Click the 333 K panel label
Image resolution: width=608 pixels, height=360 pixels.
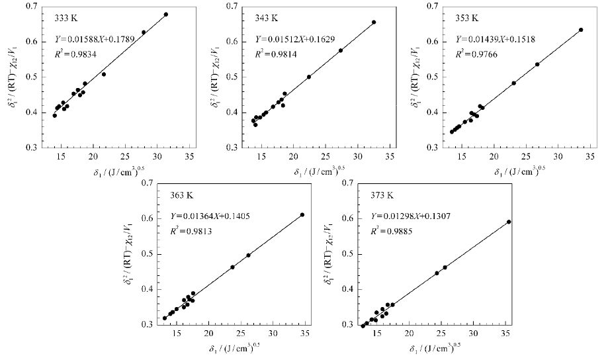coord(65,19)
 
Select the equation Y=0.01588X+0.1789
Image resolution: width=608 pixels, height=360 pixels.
coord(95,39)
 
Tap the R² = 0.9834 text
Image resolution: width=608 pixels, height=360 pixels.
coord(75,54)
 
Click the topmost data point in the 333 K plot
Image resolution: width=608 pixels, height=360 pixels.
coord(166,15)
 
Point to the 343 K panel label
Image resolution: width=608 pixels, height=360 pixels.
coord(267,19)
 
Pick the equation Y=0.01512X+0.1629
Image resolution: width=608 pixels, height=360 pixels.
coord(294,39)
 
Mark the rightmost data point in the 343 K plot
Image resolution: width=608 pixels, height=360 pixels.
coord(374,22)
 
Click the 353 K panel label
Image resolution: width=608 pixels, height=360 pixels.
coord(467,19)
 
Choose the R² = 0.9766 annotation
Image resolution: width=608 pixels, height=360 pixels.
coord(476,54)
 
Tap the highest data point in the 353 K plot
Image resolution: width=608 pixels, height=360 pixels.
coord(581,30)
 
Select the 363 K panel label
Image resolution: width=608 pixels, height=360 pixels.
coord(181,195)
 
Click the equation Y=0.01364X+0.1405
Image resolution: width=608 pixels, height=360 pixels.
coord(210,216)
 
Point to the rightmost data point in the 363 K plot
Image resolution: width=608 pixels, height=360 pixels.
coord(302,214)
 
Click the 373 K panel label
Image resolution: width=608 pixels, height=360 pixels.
coord(382,195)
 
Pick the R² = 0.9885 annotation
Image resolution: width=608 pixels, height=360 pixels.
coord(392,231)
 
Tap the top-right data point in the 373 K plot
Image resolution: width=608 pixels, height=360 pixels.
coord(509,222)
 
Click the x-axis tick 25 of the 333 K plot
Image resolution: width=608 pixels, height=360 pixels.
coord(125,156)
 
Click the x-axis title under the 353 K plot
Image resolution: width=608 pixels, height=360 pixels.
coord(520,170)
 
